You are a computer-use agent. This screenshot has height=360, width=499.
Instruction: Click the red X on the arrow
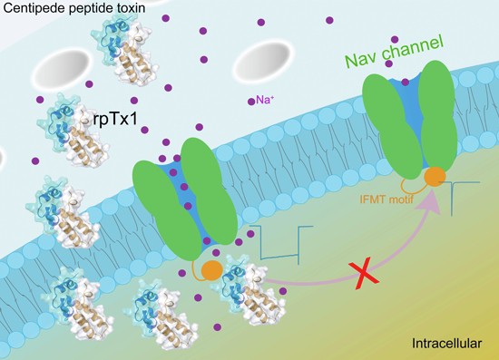[x=366, y=274]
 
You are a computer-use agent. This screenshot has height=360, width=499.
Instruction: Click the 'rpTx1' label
[x=116, y=120]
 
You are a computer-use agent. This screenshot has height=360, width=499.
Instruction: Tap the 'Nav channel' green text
[x=395, y=52]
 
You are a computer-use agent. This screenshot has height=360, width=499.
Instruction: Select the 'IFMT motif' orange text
[x=386, y=199]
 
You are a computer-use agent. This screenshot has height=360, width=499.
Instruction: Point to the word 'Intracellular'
[x=446, y=344]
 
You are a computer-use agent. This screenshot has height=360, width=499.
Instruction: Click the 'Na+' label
[x=265, y=100]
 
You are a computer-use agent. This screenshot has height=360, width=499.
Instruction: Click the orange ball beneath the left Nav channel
[x=212, y=270]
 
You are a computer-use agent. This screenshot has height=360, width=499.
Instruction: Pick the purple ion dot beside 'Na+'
[x=251, y=102]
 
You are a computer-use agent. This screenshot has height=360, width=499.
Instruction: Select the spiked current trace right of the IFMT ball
[x=459, y=198]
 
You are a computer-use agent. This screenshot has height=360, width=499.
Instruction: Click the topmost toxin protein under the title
[x=125, y=50]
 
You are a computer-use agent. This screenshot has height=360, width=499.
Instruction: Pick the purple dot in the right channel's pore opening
[x=405, y=83]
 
